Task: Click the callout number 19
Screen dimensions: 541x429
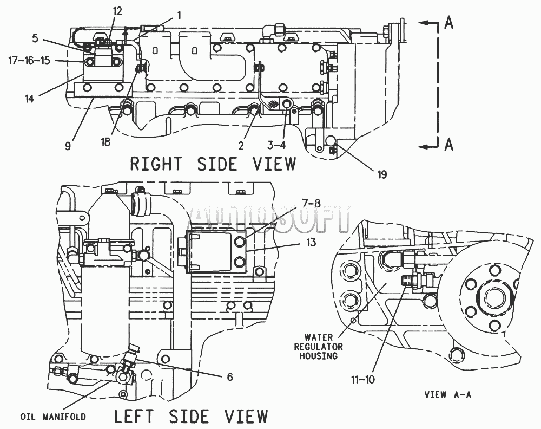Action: pos(382,174)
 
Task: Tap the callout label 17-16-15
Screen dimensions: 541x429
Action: pos(29,61)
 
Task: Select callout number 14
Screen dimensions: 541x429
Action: pos(30,99)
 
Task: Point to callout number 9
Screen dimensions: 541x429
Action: pos(68,146)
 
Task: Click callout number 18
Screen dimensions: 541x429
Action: pos(105,141)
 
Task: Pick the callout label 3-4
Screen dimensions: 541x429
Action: pos(276,145)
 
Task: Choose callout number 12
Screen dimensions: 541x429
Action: pos(117,11)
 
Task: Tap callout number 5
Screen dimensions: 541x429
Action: pos(35,38)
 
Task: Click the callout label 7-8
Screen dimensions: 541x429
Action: pos(311,203)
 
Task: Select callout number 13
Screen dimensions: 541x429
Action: pos(311,243)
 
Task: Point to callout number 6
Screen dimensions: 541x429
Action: pos(230,376)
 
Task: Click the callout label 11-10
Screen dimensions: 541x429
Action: pos(363,380)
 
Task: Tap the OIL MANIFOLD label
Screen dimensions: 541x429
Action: pos(53,417)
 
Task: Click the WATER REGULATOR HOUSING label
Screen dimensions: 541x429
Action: pos(318,347)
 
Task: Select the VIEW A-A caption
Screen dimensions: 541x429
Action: pos(447,394)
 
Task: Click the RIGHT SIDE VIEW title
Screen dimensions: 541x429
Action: pos(213,164)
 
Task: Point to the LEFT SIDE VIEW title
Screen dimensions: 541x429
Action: pos(191,416)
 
